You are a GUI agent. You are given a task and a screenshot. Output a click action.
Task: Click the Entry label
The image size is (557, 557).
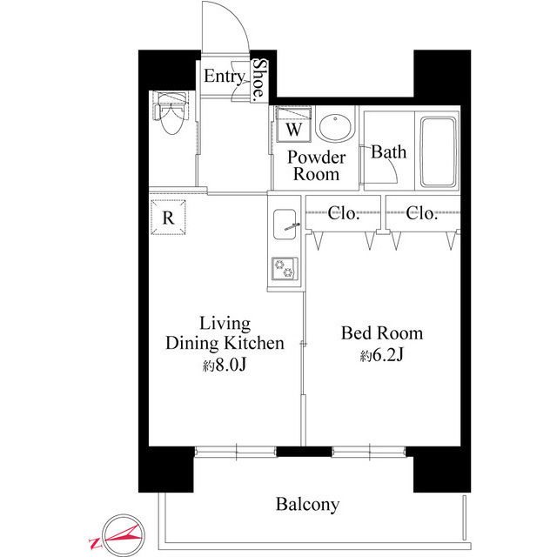[224, 77]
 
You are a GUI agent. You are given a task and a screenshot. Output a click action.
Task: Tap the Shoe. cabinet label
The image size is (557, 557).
[260, 80]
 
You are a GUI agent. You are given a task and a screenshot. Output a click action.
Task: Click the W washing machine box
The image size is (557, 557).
[294, 129]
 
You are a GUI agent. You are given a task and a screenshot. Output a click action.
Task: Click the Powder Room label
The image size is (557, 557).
[317, 165]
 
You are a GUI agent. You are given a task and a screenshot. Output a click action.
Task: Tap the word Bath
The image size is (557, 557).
[388, 152]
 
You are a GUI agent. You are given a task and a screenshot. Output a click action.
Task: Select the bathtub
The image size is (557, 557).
[440, 151]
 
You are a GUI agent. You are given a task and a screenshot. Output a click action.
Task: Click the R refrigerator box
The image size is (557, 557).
[167, 218]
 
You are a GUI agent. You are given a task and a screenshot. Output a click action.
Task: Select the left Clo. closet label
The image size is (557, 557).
[344, 213]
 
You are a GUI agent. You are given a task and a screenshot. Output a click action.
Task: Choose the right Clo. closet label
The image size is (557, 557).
[422, 213]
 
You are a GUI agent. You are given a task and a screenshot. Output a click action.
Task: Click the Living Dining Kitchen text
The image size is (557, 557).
[225, 333]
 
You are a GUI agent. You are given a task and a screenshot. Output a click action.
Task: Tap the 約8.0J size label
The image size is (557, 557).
[225, 365]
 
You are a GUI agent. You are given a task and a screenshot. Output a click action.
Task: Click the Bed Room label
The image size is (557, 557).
[381, 333]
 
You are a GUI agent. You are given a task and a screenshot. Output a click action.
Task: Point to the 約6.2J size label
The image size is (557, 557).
[381, 356]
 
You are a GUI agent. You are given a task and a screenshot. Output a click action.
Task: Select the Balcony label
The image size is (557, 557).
[307, 504]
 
